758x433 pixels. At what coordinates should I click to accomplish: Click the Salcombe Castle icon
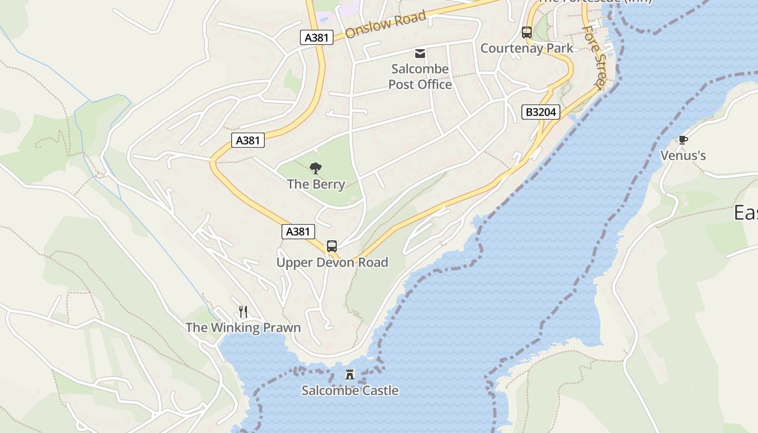click(350, 375)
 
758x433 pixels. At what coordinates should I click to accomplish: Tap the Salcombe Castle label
click(350, 390)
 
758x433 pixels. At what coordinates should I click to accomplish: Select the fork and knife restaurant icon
click(243, 312)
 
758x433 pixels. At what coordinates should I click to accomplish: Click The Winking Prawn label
click(243, 327)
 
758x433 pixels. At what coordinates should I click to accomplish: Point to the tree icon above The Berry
click(316, 168)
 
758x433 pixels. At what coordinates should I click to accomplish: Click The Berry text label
click(316, 184)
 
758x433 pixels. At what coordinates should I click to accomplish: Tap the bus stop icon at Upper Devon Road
click(332, 246)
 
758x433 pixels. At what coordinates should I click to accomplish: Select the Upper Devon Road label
click(332, 263)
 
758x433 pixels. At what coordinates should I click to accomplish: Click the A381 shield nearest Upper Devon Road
click(298, 232)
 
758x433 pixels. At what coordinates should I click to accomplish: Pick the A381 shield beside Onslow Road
click(316, 37)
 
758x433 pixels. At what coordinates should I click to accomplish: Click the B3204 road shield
click(541, 112)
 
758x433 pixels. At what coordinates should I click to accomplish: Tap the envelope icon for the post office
click(420, 53)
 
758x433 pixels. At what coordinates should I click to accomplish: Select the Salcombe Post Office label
click(420, 76)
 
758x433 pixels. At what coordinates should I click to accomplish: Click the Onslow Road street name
click(385, 24)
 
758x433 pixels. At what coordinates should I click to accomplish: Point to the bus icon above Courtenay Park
click(527, 32)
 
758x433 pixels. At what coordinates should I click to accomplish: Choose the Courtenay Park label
click(527, 48)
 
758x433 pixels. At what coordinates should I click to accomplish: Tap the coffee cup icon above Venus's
click(683, 140)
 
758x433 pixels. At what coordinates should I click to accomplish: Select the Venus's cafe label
click(683, 156)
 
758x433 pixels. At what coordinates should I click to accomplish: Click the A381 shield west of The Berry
click(249, 140)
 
